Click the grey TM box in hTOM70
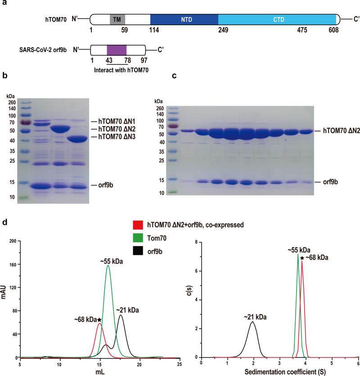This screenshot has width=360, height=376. coord(118,19)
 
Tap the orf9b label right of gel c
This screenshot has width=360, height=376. coord(326,171)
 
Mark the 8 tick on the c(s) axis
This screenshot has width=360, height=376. coord(196,242)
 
